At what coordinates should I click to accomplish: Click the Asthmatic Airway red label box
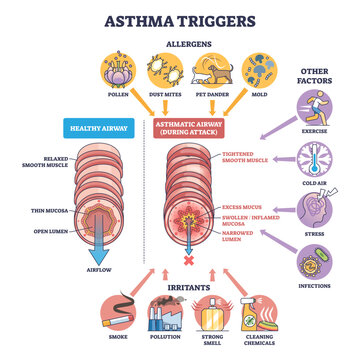(x=189, y=127)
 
